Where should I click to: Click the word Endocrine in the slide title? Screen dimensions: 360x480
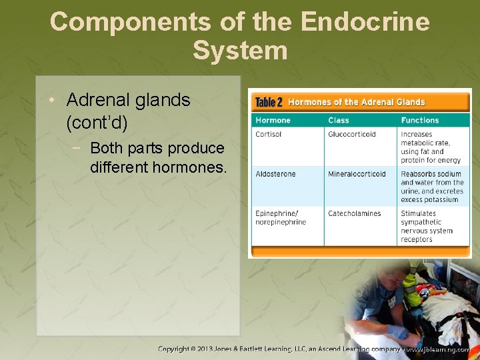point(365,22)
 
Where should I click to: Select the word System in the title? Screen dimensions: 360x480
point(240,51)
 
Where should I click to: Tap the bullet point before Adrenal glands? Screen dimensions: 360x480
point(52,101)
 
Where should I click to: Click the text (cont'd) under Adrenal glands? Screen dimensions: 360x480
point(97,123)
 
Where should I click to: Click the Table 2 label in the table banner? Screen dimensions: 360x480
point(269,102)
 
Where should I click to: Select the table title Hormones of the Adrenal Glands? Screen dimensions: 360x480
point(356,102)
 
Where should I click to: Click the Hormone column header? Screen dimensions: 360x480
point(273,120)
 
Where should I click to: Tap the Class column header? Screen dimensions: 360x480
point(338,120)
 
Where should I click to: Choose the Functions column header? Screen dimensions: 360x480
point(419,120)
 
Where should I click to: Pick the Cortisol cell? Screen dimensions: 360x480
point(269,134)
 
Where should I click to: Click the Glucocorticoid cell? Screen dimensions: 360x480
point(351,134)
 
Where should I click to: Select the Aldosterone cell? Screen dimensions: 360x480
point(275,174)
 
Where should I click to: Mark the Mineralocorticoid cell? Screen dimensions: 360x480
point(357,174)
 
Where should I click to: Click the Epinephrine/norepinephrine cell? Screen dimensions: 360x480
point(281,217)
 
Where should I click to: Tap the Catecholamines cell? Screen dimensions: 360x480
point(354,213)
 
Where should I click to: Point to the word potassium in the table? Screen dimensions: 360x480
point(441,199)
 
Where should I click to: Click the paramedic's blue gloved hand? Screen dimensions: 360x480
point(398,331)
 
